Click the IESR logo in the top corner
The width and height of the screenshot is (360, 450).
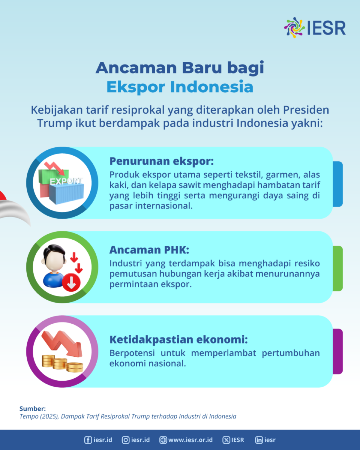315,28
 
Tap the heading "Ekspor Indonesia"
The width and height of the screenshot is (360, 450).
180,87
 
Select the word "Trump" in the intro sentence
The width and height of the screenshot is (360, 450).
55,123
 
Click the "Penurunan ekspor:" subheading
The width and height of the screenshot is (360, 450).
162,161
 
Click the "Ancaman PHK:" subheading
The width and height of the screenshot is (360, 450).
149,250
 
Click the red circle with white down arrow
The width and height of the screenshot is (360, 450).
71,282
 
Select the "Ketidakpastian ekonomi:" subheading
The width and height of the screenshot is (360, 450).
178,339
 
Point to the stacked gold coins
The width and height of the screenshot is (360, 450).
62,363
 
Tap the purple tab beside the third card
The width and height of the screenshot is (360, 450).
337,351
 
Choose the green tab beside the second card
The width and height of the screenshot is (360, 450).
337,268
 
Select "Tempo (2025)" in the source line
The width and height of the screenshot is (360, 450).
39,416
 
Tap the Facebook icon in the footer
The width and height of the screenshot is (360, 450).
88,440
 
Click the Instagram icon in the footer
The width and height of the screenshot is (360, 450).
126,440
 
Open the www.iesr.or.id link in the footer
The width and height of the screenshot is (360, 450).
186,440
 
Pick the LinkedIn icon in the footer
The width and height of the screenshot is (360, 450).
259,440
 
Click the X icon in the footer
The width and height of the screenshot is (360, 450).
226,440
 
